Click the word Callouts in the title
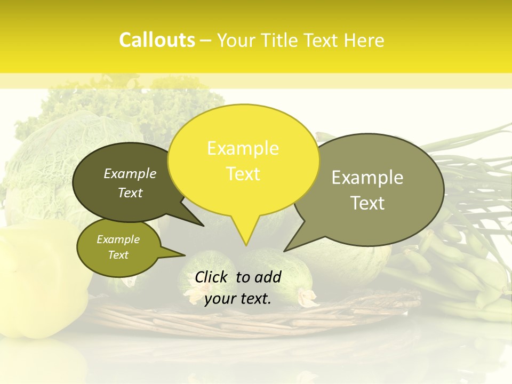coord(157,40)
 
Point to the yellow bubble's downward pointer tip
coord(246,245)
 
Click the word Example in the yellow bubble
coord(243,148)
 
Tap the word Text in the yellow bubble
coord(243,174)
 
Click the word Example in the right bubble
coord(367,178)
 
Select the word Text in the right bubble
coord(368,203)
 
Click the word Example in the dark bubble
coord(130,174)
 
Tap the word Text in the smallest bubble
coord(118,255)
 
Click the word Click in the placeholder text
coord(212,277)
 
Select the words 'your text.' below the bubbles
coord(238,299)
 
